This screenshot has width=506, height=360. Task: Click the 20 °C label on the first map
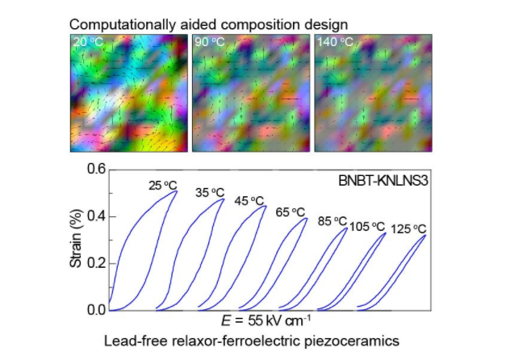tap(86, 40)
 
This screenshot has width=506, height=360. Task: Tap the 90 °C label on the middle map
tap(208, 40)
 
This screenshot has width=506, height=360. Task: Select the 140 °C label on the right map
tap(332, 40)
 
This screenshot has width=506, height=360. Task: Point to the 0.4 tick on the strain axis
tap(96, 216)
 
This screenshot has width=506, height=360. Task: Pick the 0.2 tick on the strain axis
tap(96, 263)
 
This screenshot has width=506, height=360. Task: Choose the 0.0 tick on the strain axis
tap(96, 310)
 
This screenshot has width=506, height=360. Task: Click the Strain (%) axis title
tap(77, 239)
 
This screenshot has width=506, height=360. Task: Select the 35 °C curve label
tap(211, 193)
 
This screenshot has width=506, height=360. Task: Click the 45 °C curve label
tap(250, 200)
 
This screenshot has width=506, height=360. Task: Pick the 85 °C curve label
tap(332, 221)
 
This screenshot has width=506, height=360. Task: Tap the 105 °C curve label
tap(366, 227)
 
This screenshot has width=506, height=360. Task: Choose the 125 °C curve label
tap(408, 228)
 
